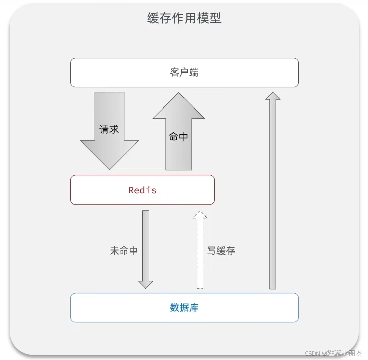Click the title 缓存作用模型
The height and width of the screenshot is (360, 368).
point(184,19)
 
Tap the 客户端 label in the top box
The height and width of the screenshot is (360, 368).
point(184,73)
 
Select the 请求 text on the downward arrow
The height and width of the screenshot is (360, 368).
point(109,129)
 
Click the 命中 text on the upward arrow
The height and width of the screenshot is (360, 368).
point(178,136)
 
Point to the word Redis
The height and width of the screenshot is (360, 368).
point(142,190)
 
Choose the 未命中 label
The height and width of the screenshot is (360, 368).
point(124,250)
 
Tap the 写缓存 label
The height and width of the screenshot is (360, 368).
point(221,250)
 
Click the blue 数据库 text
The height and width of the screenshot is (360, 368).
point(184,307)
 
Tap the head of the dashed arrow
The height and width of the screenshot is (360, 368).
point(200,215)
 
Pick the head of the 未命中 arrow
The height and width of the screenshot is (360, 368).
point(146,283)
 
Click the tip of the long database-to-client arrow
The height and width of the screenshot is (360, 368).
point(273,95)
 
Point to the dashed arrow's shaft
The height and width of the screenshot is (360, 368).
point(200,254)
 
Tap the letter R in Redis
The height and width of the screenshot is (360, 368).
point(131,190)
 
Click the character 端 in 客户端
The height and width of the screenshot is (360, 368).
point(194,73)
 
